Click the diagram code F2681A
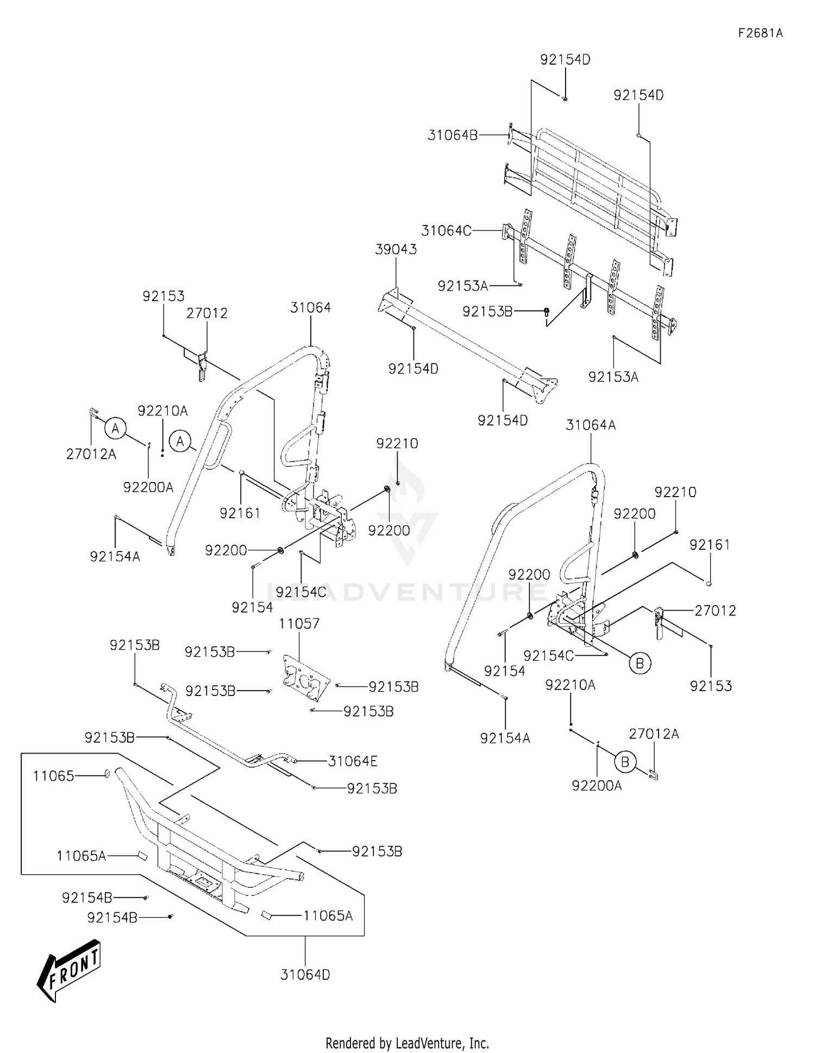760,33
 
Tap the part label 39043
396,249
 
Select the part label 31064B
452,135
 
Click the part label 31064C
446,231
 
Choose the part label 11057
299,624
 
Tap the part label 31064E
353,761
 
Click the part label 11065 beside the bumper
53,776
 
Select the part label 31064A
591,425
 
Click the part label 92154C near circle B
548,656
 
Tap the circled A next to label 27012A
115,429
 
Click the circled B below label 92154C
640,663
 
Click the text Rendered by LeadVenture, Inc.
407,1043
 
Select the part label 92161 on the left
240,513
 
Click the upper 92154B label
87,898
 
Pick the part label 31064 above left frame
310,308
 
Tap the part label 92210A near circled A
162,411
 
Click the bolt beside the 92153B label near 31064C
547,311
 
